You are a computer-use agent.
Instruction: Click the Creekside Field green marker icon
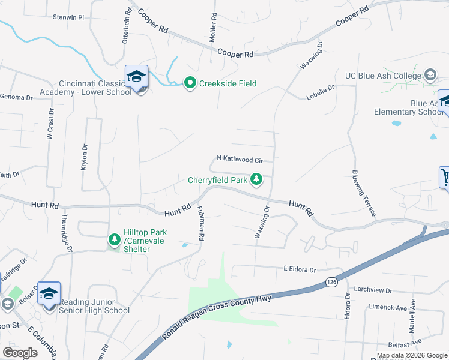190,83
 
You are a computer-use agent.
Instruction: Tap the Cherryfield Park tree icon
256,179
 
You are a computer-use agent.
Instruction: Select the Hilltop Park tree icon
114,240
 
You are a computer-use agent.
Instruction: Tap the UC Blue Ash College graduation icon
430,76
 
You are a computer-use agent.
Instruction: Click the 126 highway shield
331,281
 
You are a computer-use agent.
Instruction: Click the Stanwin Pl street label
68,17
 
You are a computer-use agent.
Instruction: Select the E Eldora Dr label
300,270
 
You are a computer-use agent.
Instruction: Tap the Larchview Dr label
373,290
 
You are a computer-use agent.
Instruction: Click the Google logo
20,353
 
